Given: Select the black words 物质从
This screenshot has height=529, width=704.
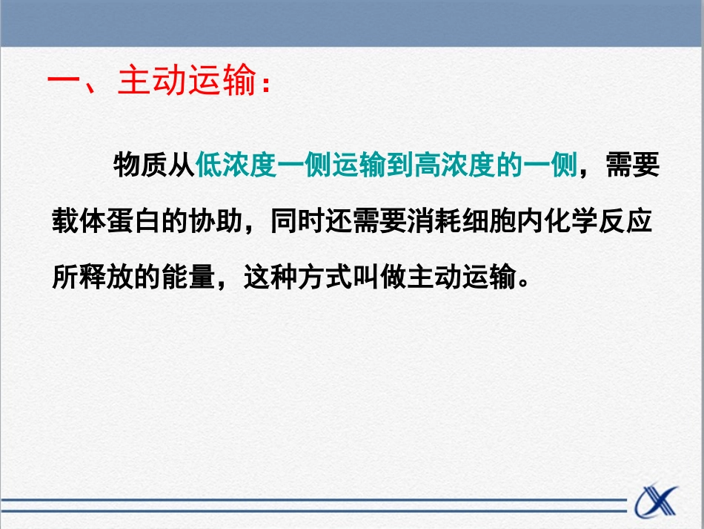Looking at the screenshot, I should [x=154, y=165].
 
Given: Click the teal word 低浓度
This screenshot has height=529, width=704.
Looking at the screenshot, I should [x=236, y=165].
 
